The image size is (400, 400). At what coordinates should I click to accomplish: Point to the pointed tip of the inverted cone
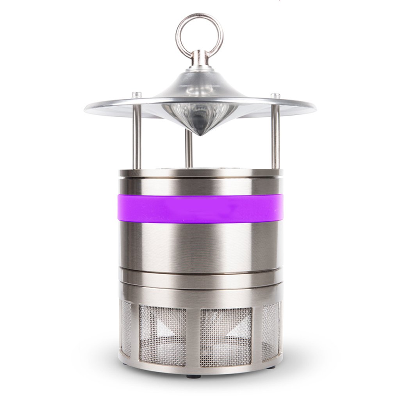199,134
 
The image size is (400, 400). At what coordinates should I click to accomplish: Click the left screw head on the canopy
136,95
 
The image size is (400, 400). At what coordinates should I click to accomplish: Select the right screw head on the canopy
275,96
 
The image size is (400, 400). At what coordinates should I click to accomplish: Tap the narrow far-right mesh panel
270,330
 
